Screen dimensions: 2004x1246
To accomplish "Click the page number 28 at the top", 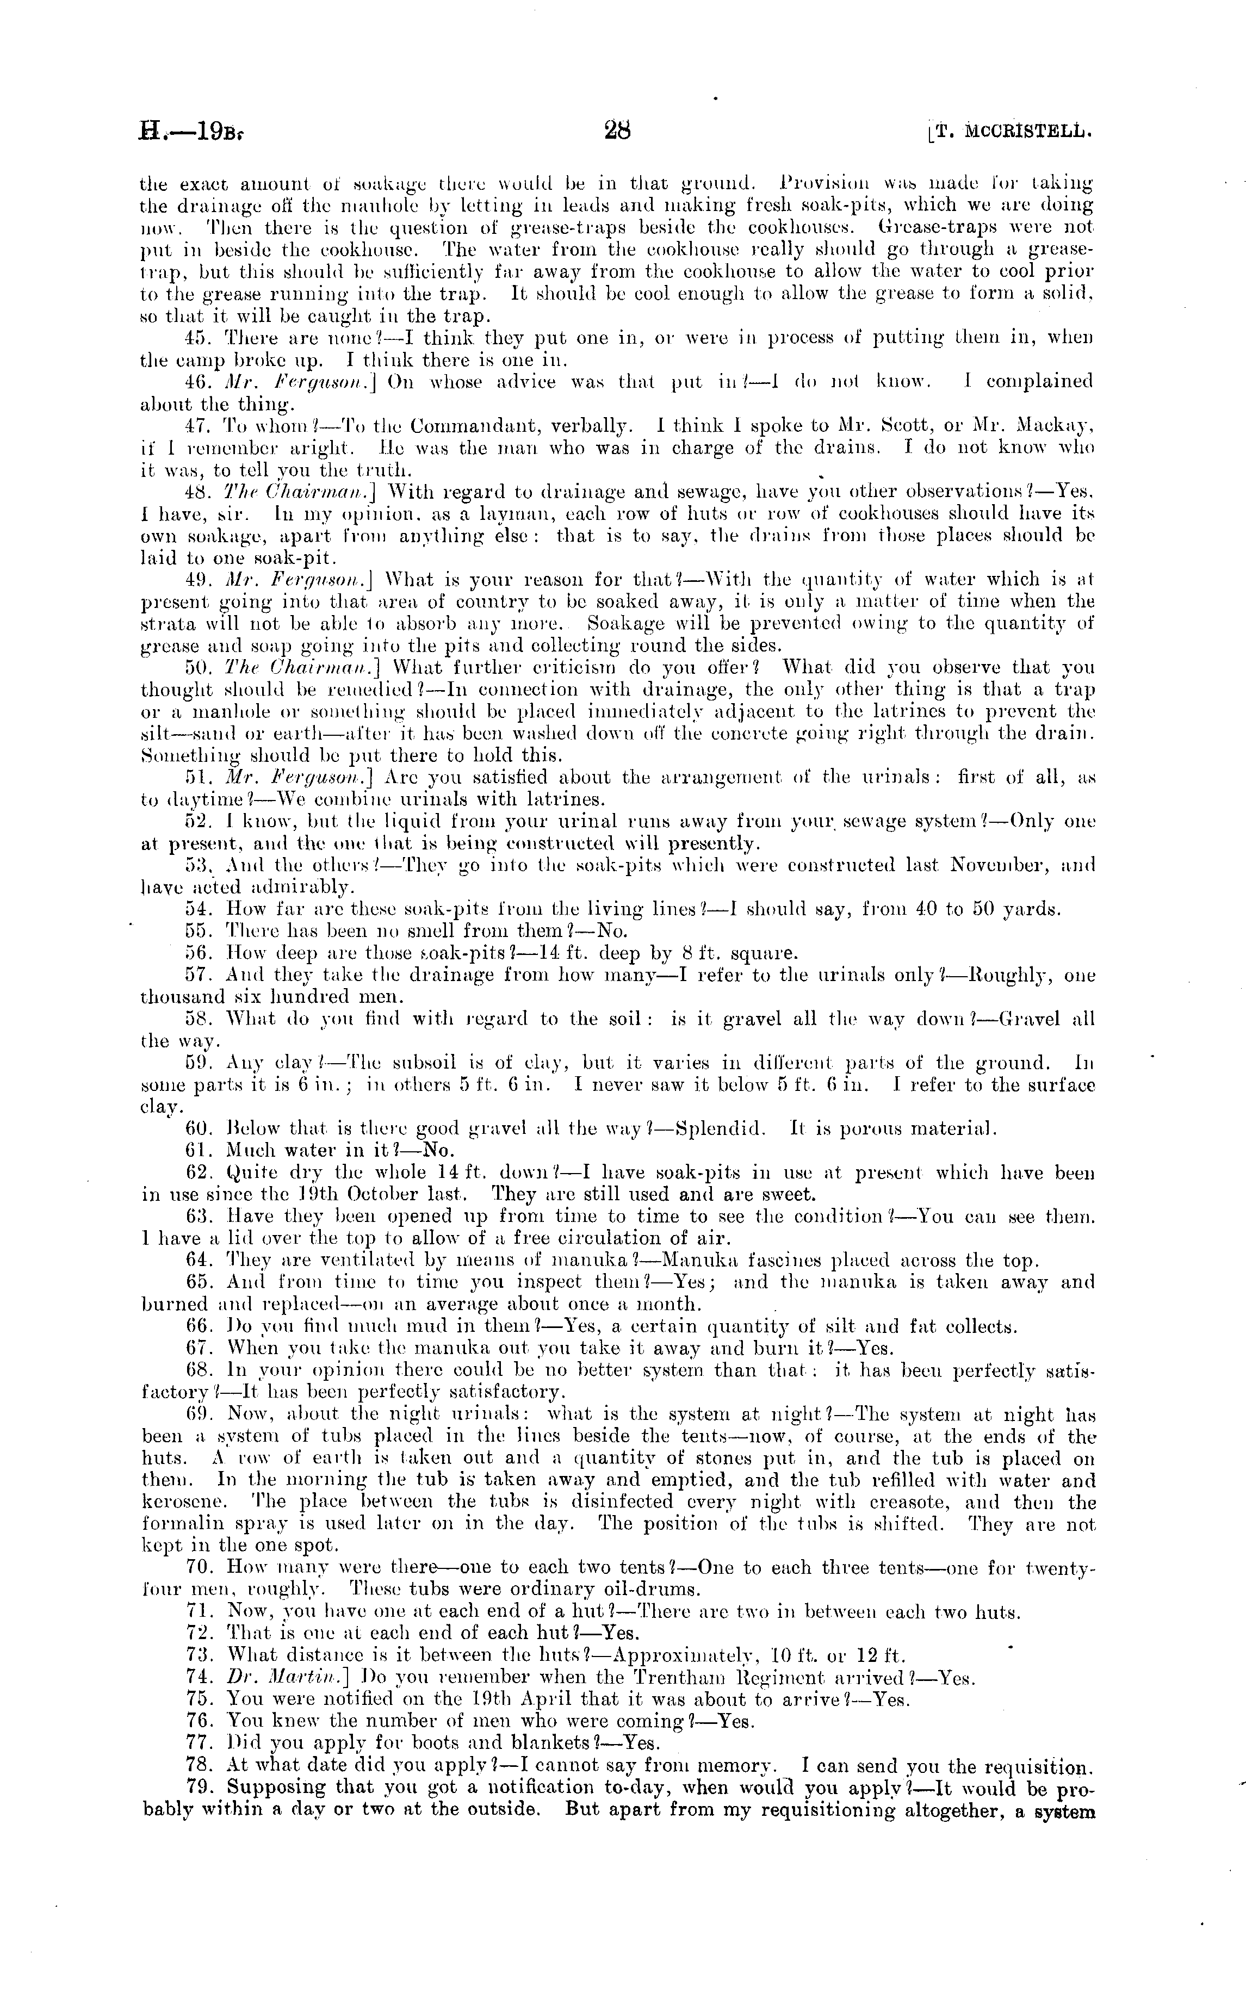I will point(616,130).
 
